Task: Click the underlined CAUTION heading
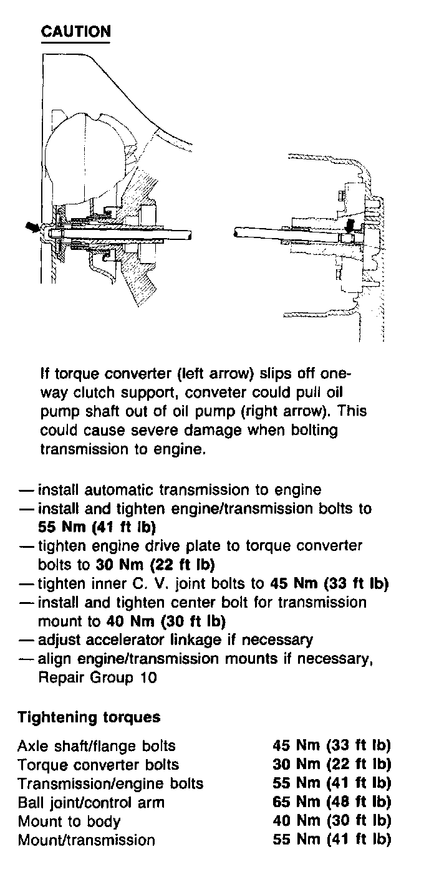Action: point(75,31)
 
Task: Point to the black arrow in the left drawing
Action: point(32,228)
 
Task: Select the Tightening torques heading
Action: point(89,717)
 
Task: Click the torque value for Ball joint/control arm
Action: point(332,801)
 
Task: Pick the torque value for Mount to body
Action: point(332,821)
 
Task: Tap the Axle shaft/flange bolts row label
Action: point(97,745)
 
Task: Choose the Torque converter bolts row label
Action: point(98,764)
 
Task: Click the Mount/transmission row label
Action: point(86,840)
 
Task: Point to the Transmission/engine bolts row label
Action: point(110,783)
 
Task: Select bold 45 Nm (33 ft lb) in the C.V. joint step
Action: point(330,584)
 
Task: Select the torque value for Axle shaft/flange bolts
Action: point(332,745)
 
